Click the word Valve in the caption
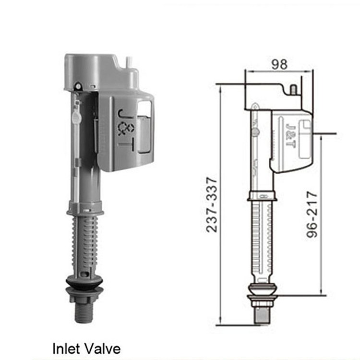100,349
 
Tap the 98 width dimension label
279,64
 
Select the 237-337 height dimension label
212,204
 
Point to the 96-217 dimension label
312,215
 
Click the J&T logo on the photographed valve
126,130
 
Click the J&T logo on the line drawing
290,135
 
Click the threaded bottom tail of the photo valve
84,313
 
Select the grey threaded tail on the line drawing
263,315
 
